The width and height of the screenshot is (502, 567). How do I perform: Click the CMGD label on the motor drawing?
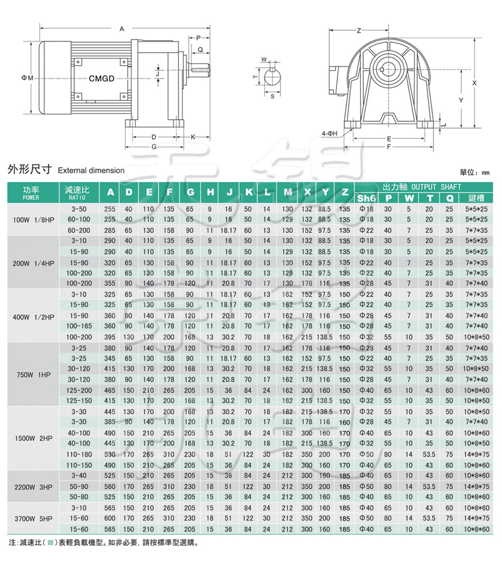101,79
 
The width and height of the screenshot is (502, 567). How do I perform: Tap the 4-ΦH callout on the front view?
329,134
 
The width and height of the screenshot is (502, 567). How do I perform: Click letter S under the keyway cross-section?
272,97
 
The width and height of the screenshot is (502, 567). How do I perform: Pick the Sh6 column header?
366,198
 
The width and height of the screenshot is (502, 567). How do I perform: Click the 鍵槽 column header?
474,198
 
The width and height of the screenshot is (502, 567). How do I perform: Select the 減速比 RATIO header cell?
77,192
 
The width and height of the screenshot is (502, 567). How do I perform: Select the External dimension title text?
91,170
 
